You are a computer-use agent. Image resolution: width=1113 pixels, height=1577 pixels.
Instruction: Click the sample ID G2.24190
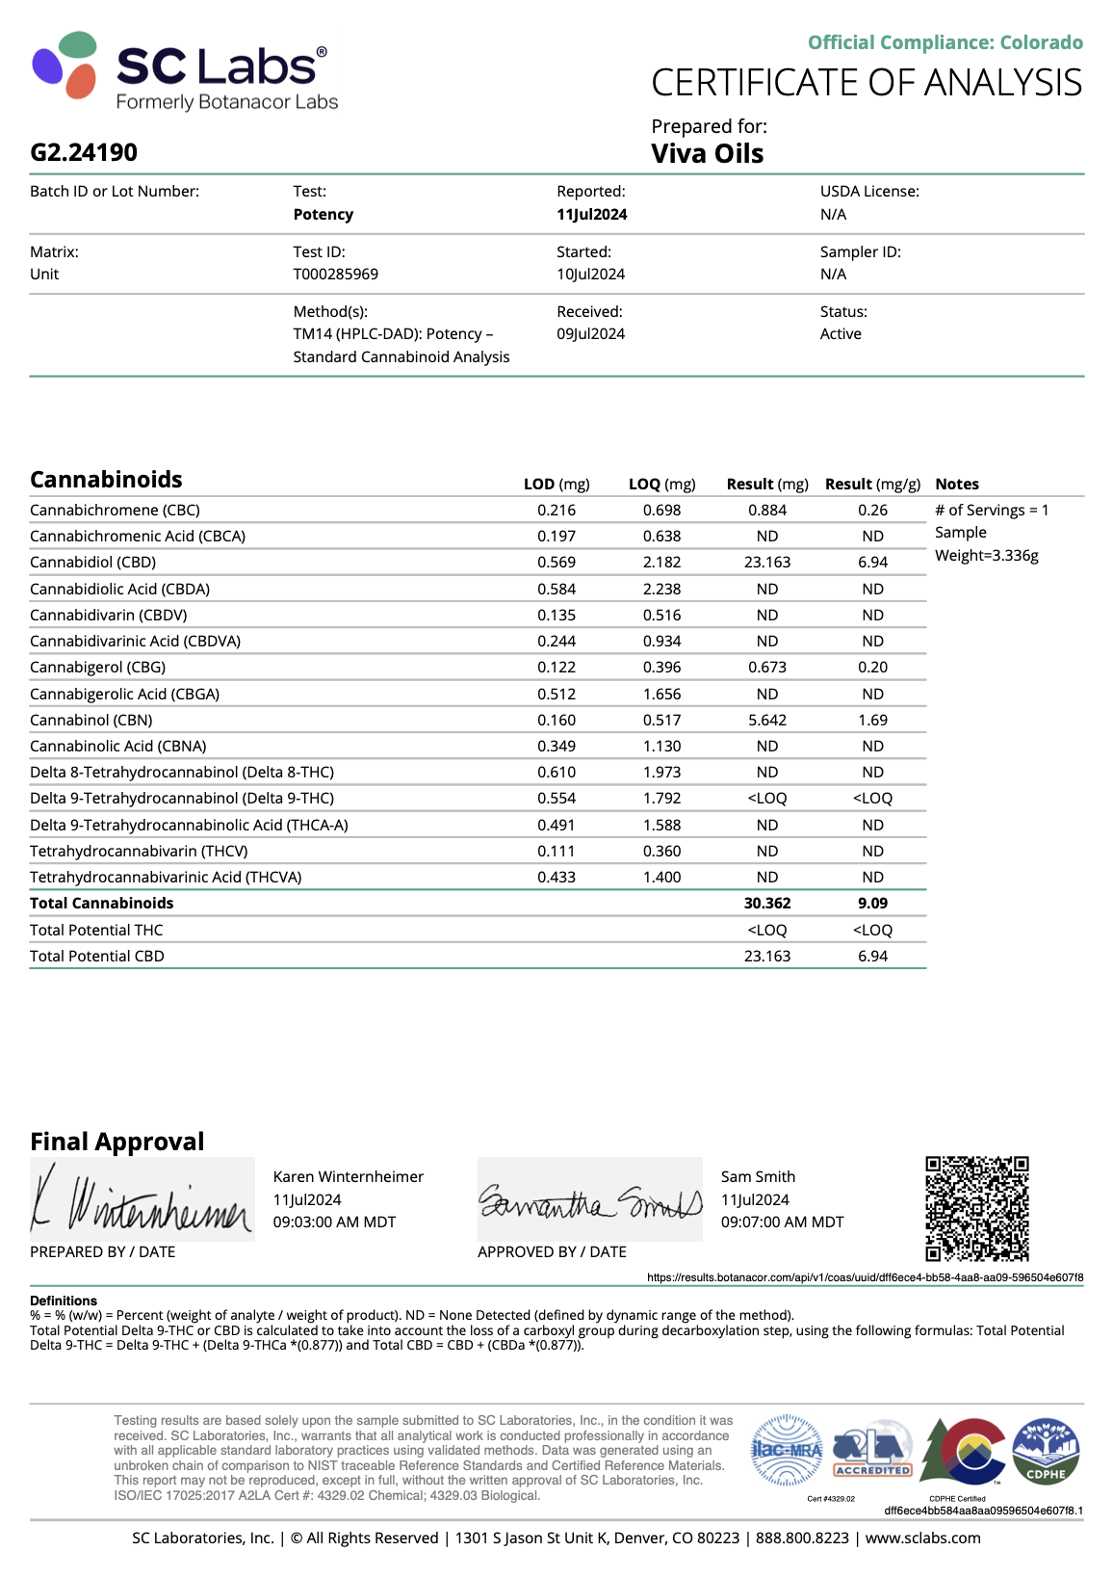point(84,152)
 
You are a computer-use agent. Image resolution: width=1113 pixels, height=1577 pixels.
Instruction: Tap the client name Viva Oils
point(707,154)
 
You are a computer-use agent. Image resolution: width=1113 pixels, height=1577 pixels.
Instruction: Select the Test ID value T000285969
point(335,274)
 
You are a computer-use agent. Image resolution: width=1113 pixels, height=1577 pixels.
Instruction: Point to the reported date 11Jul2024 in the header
point(591,214)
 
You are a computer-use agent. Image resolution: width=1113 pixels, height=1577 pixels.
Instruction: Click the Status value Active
point(841,333)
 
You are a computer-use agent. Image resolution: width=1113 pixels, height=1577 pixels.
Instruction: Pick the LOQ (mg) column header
point(661,484)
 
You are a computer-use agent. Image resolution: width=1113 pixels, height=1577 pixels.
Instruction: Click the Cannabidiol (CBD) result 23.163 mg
point(766,562)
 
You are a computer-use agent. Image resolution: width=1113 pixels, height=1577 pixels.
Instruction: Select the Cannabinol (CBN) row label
point(91,720)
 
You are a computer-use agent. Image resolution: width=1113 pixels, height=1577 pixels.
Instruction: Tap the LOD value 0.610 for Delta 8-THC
point(556,772)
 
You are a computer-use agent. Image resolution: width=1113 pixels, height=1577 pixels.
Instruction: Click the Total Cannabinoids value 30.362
point(766,903)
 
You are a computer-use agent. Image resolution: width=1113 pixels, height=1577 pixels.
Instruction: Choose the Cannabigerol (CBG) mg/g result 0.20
point(872,667)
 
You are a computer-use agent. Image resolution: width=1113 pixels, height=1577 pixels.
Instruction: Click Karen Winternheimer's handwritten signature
point(142,1200)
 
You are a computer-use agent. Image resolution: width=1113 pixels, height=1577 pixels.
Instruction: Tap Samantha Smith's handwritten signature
point(589,1200)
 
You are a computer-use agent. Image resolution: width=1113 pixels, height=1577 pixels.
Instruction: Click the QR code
point(976,1208)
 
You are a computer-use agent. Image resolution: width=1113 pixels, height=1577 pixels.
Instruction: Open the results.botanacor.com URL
point(865,1277)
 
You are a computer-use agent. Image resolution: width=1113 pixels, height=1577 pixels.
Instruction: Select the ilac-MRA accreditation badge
point(787,1450)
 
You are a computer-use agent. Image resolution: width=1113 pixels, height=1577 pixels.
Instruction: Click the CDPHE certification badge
point(1046,1450)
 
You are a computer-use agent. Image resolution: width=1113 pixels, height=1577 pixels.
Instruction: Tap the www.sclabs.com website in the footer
point(922,1538)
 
